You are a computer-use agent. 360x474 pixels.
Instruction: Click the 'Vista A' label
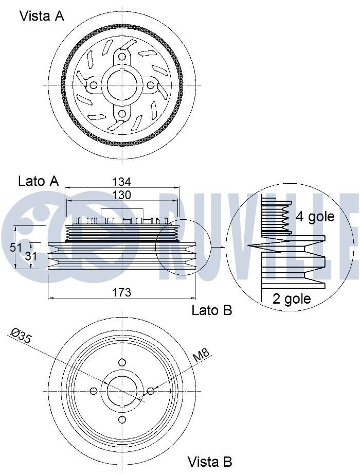(x=42, y=16)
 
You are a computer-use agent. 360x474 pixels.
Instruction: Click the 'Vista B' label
(x=210, y=461)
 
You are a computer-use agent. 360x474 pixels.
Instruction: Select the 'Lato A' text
(x=39, y=181)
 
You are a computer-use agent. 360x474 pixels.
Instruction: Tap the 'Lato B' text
(x=212, y=310)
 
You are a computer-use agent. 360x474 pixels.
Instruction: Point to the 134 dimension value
(x=121, y=182)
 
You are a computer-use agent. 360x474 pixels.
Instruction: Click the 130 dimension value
(x=121, y=195)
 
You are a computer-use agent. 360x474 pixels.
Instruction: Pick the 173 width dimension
(x=121, y=292)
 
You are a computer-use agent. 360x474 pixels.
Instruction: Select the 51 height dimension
(x=16, y=247)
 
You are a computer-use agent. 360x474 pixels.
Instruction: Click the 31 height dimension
(x=31, y=256)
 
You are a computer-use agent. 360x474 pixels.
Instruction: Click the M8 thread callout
(x=201, y=355)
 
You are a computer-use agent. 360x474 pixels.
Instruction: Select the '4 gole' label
(x=315, y=217)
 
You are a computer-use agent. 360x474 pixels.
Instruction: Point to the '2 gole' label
(x=292, y=299)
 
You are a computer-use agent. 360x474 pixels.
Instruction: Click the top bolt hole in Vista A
(x=122, y=57)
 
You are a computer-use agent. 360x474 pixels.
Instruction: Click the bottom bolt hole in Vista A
(x=122, y=114)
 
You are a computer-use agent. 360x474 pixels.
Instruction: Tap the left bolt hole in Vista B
(x=94, y=392)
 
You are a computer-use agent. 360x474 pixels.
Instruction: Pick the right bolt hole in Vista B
(x=150, y=392)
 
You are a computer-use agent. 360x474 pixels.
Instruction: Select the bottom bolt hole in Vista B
(x=122, y=420)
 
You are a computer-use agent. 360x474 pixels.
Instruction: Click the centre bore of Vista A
(x=122, y=85)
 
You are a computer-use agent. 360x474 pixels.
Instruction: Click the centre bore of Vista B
(x=122, y=392)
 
